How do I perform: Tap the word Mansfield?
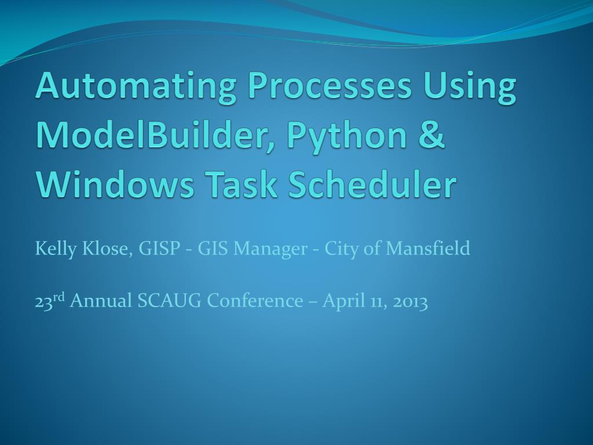click(428, 249)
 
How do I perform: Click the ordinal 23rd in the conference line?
click(50, 301)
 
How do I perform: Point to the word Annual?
click(101, 301)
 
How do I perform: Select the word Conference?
click(255, 301)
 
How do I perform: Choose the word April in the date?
click(342, 302)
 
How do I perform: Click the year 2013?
click(410, 301)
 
